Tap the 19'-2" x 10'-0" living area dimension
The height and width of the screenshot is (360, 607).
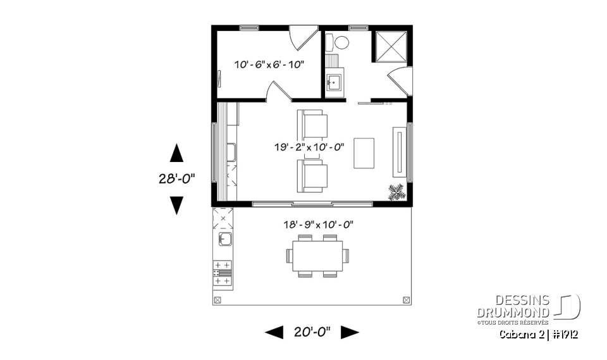pyautogui.click(x=309, y=147)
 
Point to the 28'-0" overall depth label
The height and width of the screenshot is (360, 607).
pyautogui.click(x=176, y=179)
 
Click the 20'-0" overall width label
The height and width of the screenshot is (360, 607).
pyautogui.click(x=312, y=332)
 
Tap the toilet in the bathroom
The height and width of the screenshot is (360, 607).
pyautogui.click(x=341, y=43)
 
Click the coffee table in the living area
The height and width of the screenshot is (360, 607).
pyautogui.click(x=364, y=153)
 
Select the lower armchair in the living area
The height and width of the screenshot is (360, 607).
pyautogui.click(x=314, y=175)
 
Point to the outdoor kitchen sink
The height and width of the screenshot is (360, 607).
pyautogui.click(x=224, y=239)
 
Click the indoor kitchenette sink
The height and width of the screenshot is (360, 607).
pyautogui.click(x=231, y=152)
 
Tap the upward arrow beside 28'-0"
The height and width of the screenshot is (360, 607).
pyautogui.click(x=176, y=153)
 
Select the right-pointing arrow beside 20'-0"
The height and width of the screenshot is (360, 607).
pyautogui.click(x=350, y=332)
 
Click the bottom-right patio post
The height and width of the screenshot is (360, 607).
pyautogui.click(x=405, y=299)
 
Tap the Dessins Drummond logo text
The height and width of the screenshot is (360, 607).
pyautogui.click(x=513, y=307)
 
